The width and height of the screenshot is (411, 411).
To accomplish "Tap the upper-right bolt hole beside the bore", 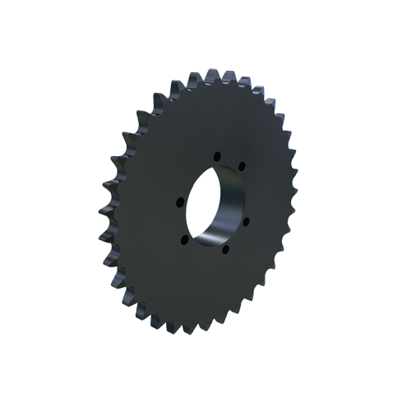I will tap(242, 167).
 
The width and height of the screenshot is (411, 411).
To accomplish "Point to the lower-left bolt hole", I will tap(184, 240).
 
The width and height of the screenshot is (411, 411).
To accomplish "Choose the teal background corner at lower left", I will tap(111, 325).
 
